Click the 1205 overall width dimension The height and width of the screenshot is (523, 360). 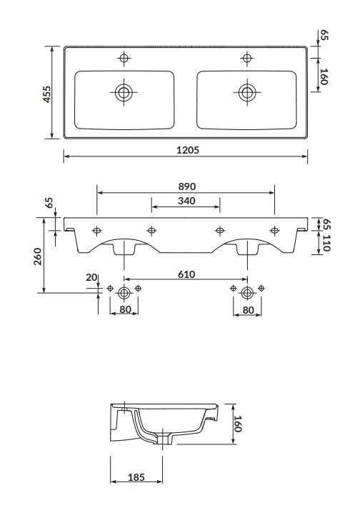pos(188,150)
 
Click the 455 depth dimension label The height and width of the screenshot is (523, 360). pos(47,94)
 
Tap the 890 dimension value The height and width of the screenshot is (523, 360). pos(186,186)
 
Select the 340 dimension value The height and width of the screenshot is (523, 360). pos(186,201)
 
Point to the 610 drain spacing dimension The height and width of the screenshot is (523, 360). pos(186,274)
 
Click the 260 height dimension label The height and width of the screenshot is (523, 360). pos(38,256)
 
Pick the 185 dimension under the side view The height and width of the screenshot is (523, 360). pos(136,477)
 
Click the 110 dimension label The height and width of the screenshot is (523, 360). pos(326,243)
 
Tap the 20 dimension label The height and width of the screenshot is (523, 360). pos(91,277)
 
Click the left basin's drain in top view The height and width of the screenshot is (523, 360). pos(124,92)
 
